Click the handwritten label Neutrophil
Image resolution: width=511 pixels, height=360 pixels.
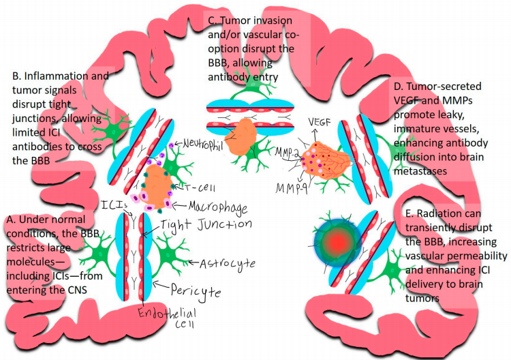(205, 145)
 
